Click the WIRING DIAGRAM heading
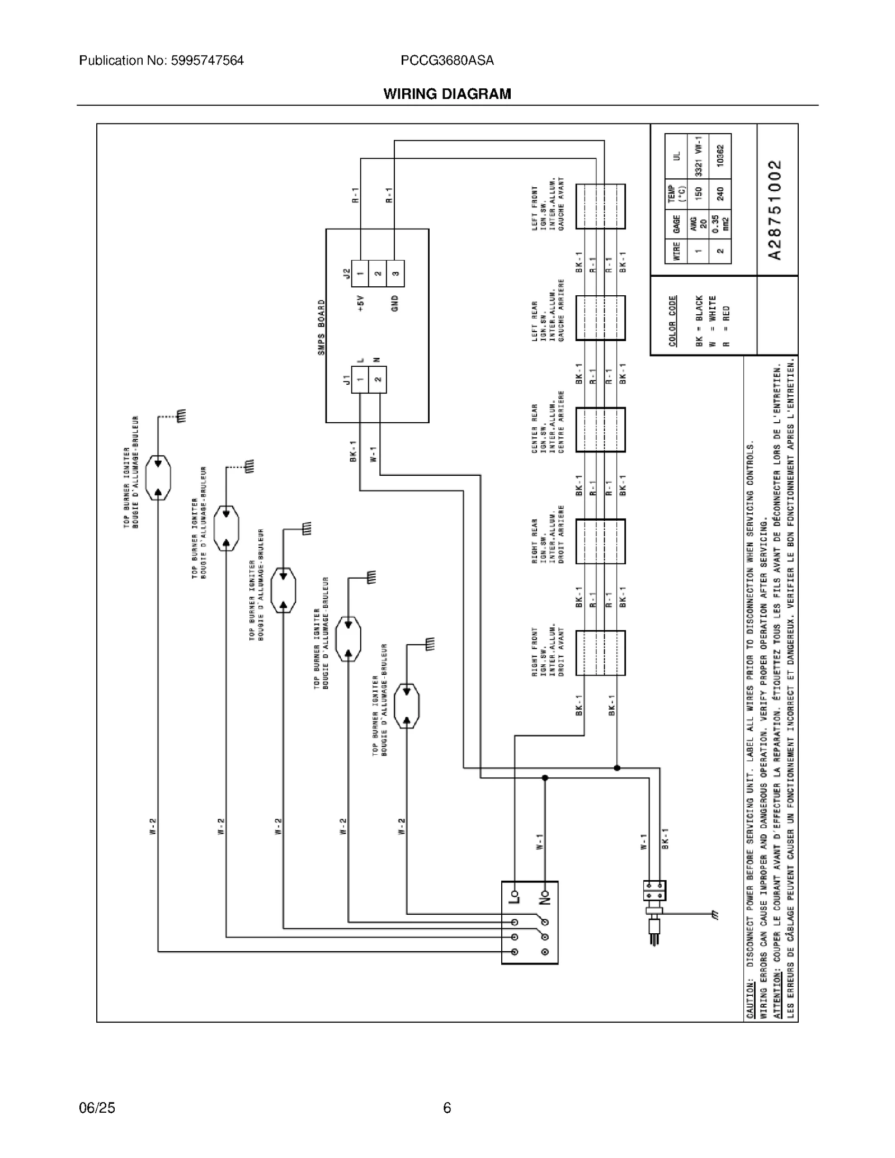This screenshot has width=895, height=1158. (447, 94)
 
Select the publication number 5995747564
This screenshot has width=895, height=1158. (208, 60)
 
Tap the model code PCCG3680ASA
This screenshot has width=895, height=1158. (447, 60)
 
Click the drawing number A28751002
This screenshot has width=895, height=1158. (775, 210)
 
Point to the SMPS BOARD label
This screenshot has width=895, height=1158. (321, 327)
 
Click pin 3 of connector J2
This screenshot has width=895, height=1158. (395, 273)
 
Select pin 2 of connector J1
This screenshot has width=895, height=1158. (378, 380)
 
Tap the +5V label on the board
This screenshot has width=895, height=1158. (361, 304)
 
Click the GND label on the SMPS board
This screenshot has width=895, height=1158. (395, 304)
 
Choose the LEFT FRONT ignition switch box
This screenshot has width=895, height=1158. (600, 206)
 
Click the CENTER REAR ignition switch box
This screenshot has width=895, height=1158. (600, 429)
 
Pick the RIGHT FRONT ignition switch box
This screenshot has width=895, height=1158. (600, 653)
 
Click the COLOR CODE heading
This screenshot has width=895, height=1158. (672, 321)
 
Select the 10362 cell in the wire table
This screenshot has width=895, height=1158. (720, 155)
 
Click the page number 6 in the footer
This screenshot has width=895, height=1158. (447, 1108)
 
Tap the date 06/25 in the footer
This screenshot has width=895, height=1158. (97, 1108)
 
